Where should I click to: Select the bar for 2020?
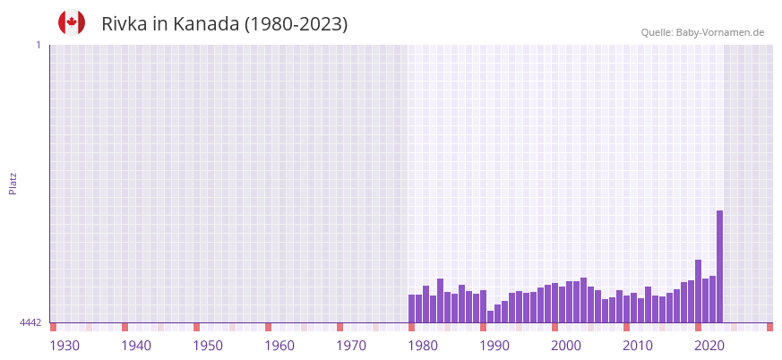pos(698,291)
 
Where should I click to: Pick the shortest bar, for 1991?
pos(490,316)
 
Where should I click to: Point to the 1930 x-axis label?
pos(64,346)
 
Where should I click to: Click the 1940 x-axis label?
pos(136,346)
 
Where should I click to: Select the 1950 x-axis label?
pos(208,346)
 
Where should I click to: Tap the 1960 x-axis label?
pos(279,346)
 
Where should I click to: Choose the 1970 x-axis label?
pos(351,346)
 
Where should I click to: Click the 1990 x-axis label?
pos(494,346)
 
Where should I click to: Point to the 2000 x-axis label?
pos(566,346)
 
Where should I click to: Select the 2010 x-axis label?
pos(638,346)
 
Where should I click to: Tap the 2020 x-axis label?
pos(709,346)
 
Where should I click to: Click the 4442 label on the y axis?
pos(30,322)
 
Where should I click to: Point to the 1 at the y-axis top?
pos(38,45)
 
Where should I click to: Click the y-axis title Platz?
pos(13,184)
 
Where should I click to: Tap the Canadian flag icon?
pos(72,22)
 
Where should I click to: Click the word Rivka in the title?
pos(125,24)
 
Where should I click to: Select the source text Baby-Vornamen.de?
pos(719,32)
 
